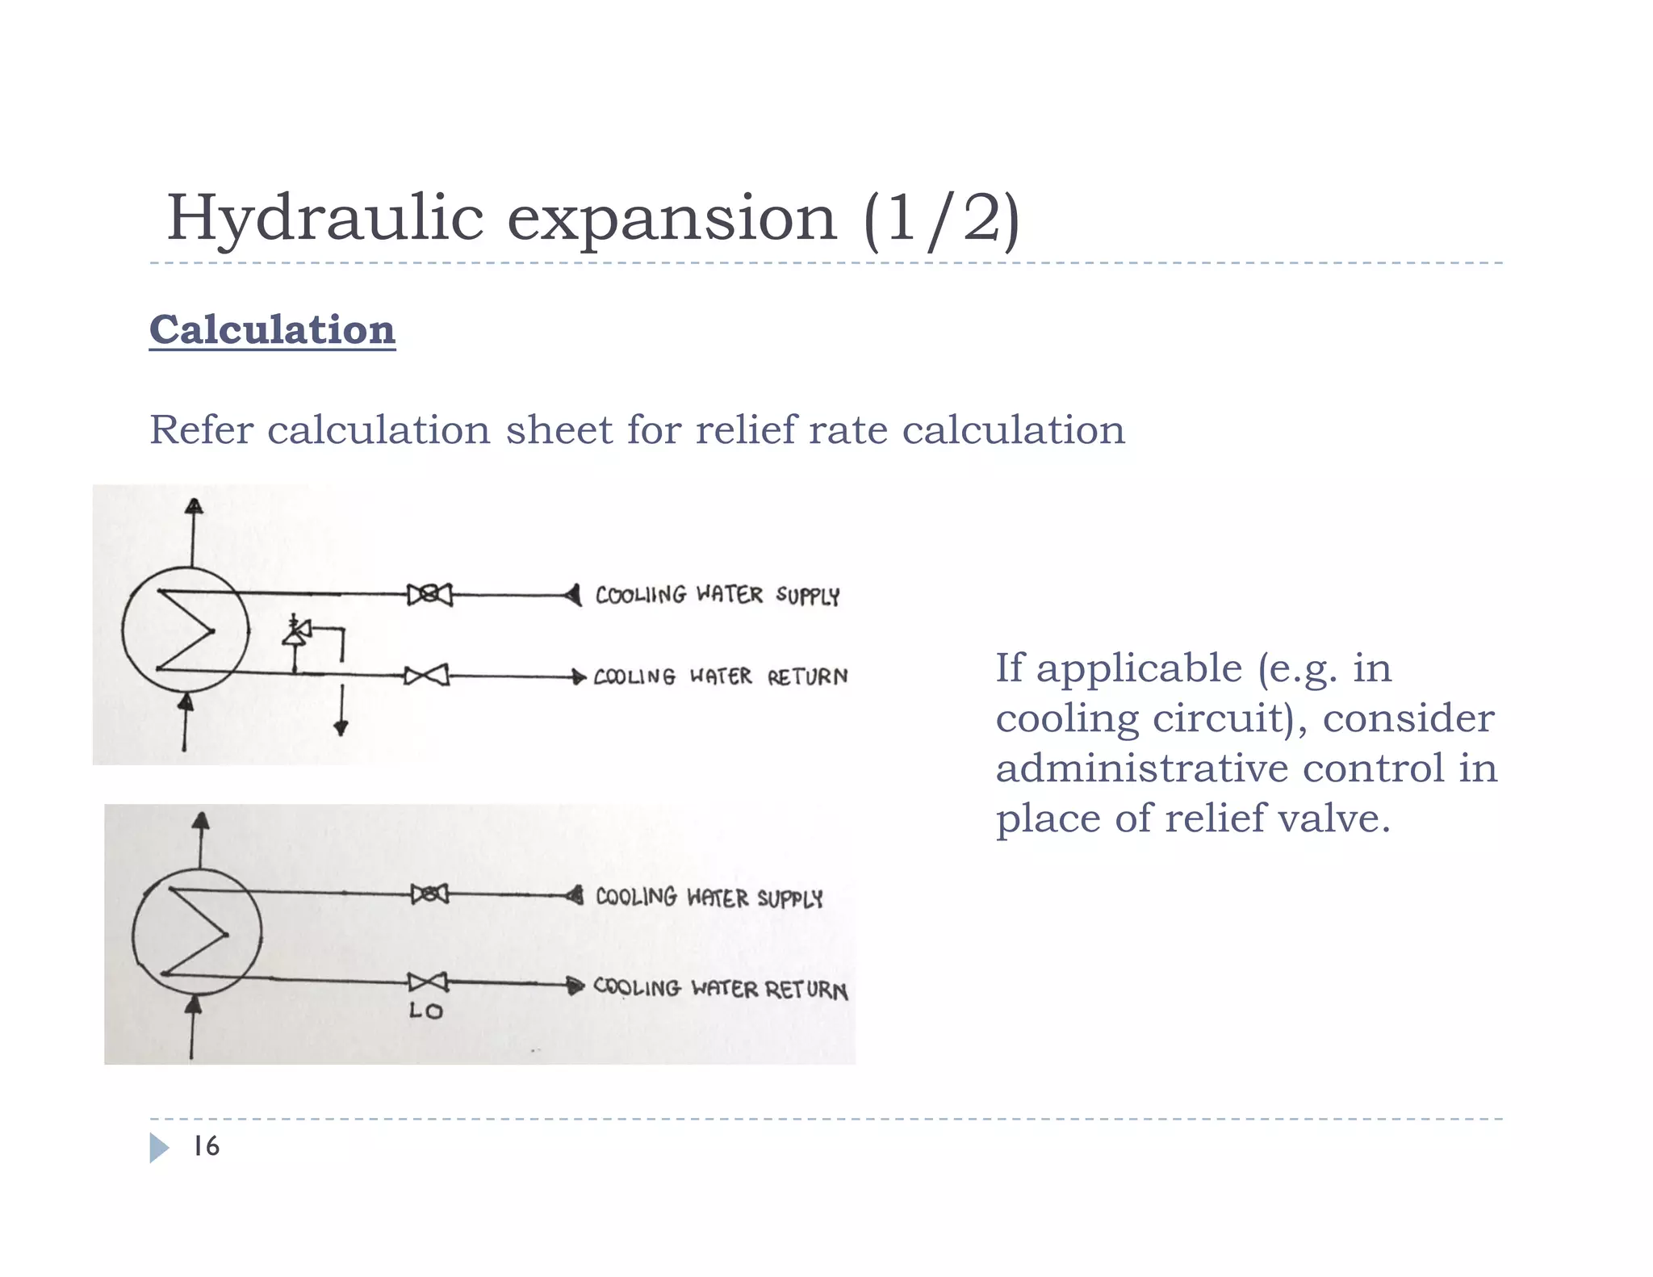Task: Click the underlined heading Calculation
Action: (272, 330)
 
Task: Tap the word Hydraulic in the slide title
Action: (324, 218)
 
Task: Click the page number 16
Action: (206, 1146)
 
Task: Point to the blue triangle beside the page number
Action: (159, 1147)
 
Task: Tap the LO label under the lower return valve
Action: (425, 1011)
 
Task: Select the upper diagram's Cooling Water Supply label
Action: (718, 596)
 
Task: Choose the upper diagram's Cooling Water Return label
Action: (720, 676)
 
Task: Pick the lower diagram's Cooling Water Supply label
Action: (709, 897)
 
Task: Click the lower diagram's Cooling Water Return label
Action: (720, 988)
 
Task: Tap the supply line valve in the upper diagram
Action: (429, 595)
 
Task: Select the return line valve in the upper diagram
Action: (426, 676)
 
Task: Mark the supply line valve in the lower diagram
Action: (429, 894)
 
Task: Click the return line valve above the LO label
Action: (427, 982)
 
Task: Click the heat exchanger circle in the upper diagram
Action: (186, 630)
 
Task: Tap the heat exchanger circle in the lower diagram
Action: (197, 933)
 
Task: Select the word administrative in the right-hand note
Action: (1138, 768)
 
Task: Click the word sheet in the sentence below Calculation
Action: (559, 429)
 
